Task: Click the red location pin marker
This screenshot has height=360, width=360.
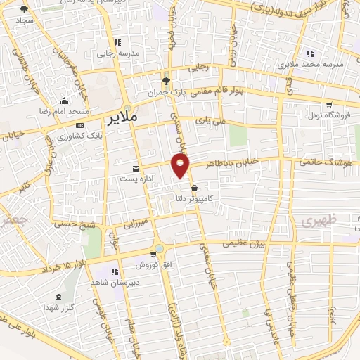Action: tap(181, 165)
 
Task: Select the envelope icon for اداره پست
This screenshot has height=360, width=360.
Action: tap(136, 169)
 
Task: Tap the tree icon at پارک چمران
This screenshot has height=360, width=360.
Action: tap(166, 81)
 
